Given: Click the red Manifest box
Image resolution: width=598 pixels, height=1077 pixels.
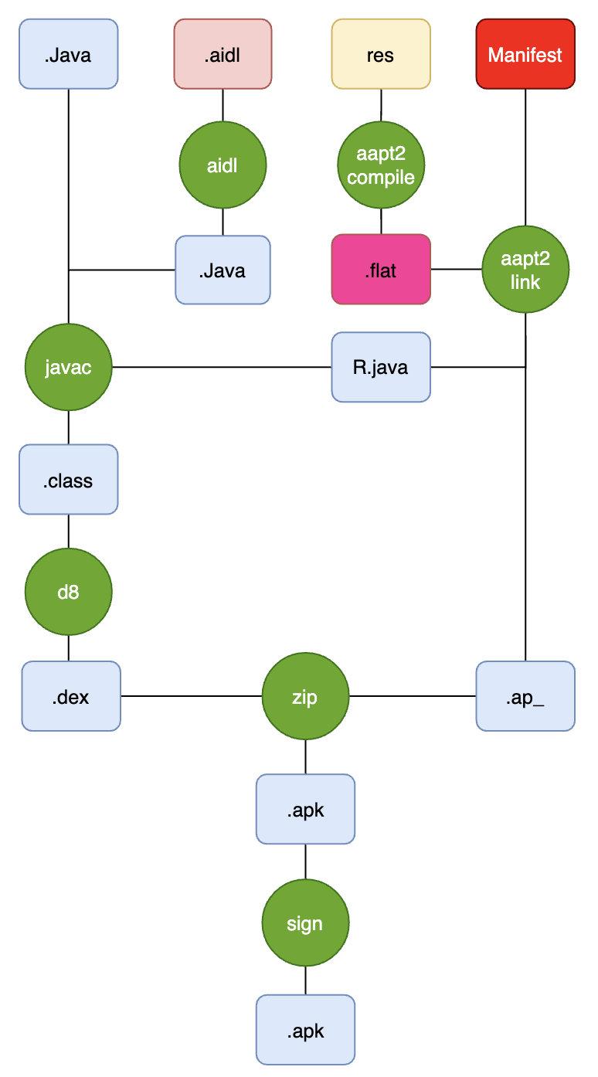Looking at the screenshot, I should click(525, 55).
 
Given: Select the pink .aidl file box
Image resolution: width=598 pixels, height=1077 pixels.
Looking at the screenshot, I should click(223, 55).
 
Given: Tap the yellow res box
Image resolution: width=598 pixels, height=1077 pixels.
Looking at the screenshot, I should click(381, 55).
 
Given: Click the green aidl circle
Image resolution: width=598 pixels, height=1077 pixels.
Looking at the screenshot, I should click(223, 166).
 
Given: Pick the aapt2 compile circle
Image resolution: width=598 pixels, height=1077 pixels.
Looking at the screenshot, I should click(381, 166).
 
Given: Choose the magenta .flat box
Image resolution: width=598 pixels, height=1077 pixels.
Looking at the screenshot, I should click(381, 269).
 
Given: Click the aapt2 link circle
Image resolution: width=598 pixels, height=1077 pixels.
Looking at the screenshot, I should click(525, 270).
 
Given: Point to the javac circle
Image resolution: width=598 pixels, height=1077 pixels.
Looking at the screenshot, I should click(69, 367).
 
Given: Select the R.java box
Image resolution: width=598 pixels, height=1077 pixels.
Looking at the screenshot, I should click(381, 367).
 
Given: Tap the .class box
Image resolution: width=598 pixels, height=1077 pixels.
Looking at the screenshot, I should click(69, 480).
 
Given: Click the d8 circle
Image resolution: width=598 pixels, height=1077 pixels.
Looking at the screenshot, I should click(69, 593).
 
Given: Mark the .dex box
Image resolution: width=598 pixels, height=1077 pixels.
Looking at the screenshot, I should click(71, 696).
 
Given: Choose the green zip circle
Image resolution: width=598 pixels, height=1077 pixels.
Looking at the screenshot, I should click(305, 696).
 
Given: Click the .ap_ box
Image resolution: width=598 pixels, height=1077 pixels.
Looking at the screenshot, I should click(525, 696).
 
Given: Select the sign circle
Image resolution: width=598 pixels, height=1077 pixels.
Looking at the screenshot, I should click(305, 923).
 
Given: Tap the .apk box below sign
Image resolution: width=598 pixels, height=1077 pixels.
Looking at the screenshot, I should click(305, 1030).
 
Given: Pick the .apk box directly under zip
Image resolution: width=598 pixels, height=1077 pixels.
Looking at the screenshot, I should click(305, 809).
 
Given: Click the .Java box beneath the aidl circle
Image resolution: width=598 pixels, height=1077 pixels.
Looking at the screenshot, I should click(223, 270).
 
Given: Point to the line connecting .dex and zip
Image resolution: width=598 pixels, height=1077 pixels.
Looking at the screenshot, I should click(191, 696).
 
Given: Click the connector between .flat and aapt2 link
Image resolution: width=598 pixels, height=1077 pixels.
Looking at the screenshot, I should click(456, 269).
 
